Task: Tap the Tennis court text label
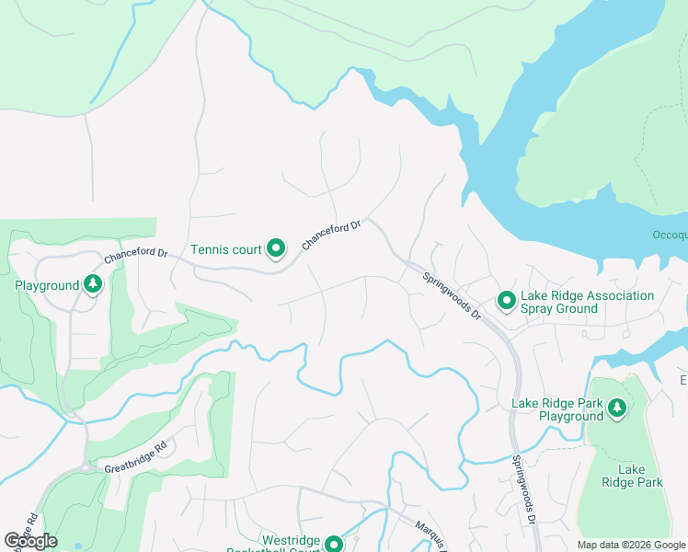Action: point(226,249)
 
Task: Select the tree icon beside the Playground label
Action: point(92,285)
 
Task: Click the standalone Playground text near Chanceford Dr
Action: point(47,286)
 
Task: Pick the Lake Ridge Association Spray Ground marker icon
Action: point(506,301)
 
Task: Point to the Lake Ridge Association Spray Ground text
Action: point(587,302)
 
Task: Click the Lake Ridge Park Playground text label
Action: point(558,410)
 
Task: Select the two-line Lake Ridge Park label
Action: point(632,476)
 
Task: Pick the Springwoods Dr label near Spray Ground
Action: point(452,294)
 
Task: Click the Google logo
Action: point(31,541)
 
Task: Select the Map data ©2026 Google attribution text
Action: point(630,545)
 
